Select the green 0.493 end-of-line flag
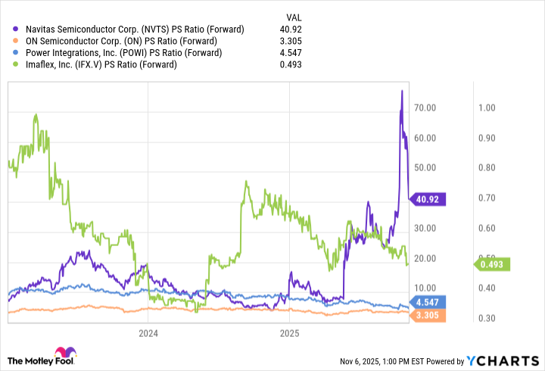(494, 263)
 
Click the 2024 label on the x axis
(148, 332)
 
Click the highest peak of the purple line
(401, 91)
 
